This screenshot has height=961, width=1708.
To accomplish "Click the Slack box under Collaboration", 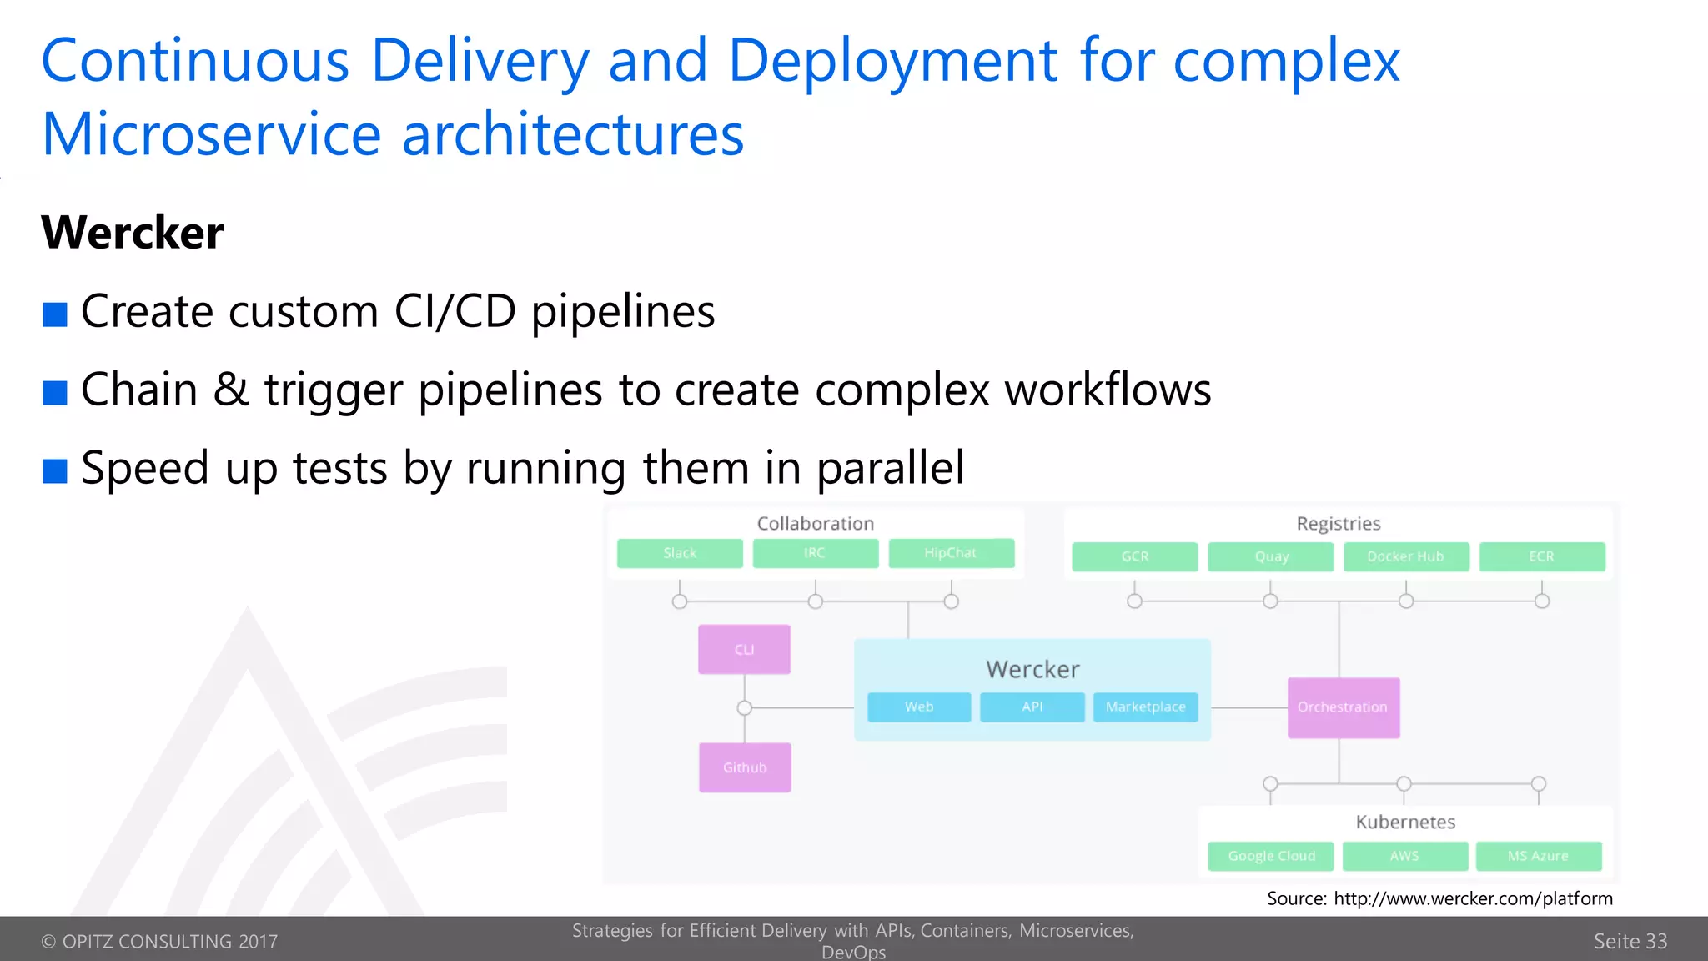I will click(680, 553).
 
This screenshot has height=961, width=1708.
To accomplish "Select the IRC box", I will click(815, 553).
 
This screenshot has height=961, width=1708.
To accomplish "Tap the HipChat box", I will click(951, 553).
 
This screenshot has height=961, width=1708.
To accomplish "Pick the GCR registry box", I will click(1134, 556).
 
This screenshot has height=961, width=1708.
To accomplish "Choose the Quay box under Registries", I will click(1270, 556).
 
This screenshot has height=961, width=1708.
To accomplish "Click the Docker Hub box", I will click(1405, 556).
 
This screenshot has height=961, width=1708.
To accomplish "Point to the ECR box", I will click(1541, 556).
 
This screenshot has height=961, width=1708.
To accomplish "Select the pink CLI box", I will click(744, 649).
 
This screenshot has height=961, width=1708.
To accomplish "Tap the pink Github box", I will click(745, 767).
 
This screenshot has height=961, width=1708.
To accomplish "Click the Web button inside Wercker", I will click(919, 707).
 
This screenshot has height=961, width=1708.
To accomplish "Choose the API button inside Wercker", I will click(1032, 707).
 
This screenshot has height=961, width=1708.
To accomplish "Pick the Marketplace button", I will click(1145, 707).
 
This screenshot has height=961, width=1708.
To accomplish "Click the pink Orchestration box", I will click(1343, 707).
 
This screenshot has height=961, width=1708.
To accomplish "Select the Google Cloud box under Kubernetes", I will click(1270, 856).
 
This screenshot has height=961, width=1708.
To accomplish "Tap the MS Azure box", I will click(1538, 856).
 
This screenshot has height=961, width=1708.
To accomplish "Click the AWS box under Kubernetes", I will click(1404, 856).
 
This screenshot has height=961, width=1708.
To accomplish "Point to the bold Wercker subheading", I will click(133, 233).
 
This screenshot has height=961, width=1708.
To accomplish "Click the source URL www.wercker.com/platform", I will click(1473, 898).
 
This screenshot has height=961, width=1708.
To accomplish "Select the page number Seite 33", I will click(1630, 941).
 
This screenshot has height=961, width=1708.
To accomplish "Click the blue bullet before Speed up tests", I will click(55, 471).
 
